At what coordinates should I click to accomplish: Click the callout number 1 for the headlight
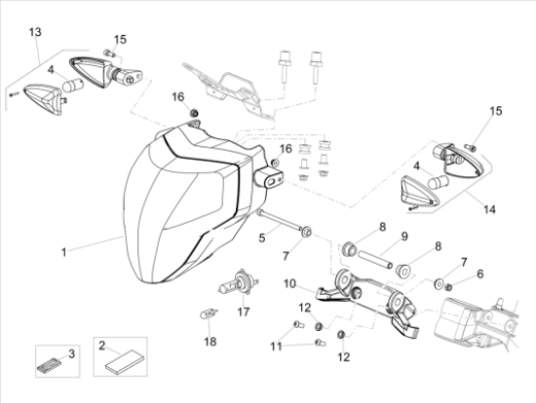coord(63,253)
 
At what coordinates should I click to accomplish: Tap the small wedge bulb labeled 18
coord(209,313)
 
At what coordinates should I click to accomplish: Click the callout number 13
coord(35,32)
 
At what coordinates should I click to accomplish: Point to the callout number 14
coord(489,209)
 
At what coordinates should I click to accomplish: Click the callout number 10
coord(289,283)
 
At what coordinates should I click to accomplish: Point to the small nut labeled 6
coord(449,287)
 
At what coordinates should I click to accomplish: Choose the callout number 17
coord(244,311)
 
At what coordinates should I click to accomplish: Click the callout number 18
coord(211,341)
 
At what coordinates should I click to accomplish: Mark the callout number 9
coord(404,237)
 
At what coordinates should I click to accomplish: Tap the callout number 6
coord(480,274)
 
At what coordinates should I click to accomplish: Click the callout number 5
coord(262,238)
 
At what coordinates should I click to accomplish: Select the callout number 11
coord(276,347)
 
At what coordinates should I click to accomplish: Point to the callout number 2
coord(102,346)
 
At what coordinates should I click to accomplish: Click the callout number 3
coord(71,353)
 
